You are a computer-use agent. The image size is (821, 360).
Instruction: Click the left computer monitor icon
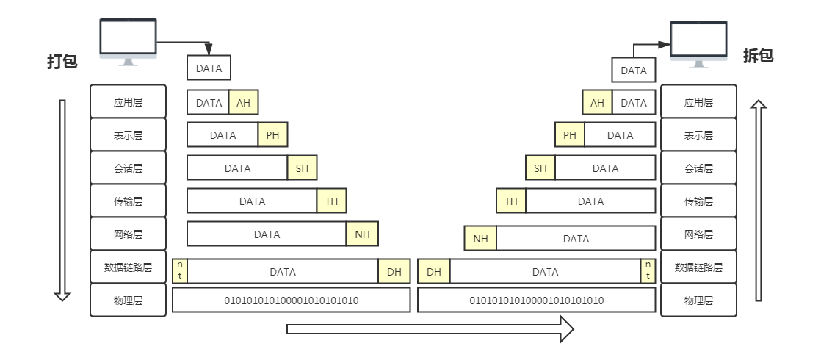click(x=129, y=42)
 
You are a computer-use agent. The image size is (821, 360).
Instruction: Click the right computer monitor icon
click(x=698, y=44)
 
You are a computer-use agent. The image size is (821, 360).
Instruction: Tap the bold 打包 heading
click(x=62, y=61)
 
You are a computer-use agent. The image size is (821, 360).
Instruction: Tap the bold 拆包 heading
click(x=758, y=56)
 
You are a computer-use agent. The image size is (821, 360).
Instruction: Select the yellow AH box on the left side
click(x=244, y=102)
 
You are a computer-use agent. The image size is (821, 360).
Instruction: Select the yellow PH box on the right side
click(x=570, y=134)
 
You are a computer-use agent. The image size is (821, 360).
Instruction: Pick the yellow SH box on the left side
click(x=302, y=168)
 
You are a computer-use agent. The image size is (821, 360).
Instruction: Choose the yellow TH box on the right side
click(x=511, y=201)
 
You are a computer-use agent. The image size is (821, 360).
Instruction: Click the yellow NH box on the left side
click(x=362, y=234)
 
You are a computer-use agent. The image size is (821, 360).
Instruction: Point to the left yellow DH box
click(x=394, y=271)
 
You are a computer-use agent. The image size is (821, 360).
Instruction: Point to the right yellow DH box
click(x=433, y=271)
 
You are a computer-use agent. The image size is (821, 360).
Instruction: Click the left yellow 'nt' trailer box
click(x=180, y=271)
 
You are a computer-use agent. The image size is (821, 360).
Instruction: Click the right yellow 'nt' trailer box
click(x=648, y=271)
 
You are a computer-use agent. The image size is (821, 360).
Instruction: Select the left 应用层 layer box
click(x=129, y=101)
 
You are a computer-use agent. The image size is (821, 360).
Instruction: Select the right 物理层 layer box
click(x=698, y=300)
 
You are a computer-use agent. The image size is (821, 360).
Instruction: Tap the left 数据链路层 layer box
click(x=129, y=267)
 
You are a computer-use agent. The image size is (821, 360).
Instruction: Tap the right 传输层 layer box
click(x=698, y=201)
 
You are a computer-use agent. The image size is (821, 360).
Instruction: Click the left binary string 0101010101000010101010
click(x=292, y=300)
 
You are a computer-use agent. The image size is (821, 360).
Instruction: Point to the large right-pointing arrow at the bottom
click(x=430, y=329)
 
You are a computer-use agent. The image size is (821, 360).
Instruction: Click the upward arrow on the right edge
click(x=758, y=200)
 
